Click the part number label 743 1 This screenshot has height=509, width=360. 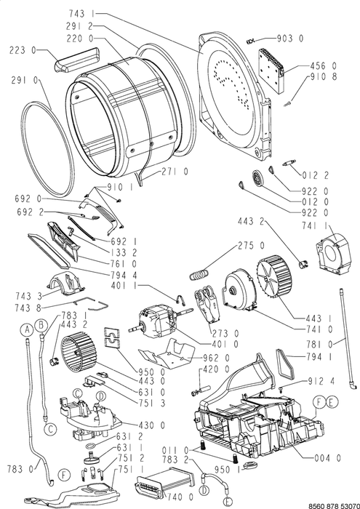point(81,13)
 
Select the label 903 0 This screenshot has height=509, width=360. point(290,39)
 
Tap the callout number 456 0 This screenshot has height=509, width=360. point(324,66)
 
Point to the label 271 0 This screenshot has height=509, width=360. point(175,171)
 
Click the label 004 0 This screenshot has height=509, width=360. point(328,457)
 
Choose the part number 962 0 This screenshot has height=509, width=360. point(216,358)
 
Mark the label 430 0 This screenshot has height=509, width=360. point(152,425)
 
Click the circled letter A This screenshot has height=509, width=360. point(28,330)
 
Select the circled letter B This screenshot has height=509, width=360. point(41,324)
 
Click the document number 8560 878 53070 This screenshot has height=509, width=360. point(333,505)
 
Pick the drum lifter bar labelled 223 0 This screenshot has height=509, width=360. point(76,60)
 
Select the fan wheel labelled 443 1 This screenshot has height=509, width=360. point(273,276)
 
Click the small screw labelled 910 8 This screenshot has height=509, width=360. point(288,104)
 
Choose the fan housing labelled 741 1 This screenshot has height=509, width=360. point(333,250)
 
